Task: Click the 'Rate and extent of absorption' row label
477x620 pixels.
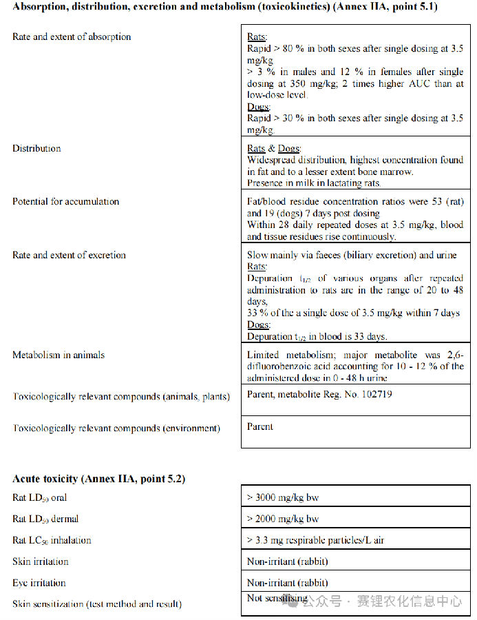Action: (72, 37)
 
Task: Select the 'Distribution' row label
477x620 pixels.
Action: (36, 149)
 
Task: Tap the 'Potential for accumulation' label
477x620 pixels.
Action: (66, 202)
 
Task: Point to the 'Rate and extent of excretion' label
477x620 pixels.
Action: (69, 256)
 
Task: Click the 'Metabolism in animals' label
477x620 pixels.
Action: (59, 355)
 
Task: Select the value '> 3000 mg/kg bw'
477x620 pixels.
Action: (283, 497)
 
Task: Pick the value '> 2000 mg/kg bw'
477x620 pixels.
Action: (283, 519)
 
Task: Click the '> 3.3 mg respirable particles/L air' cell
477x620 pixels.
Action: (315, 540)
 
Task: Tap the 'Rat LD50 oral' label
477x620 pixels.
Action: (39, 497)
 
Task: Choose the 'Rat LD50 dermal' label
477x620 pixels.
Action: (45, 519)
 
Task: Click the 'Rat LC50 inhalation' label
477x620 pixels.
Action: (52, 540)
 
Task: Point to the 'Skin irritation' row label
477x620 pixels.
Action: (41, 561)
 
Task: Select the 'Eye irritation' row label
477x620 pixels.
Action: (40, 583)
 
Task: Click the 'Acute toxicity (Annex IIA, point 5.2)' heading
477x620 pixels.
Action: (98, 479)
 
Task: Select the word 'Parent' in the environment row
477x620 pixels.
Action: (260, 427)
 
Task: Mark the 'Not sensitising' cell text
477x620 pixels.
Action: (277, 598)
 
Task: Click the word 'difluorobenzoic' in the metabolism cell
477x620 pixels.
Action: (278, 366)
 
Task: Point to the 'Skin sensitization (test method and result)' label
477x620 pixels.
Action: (97, 604)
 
